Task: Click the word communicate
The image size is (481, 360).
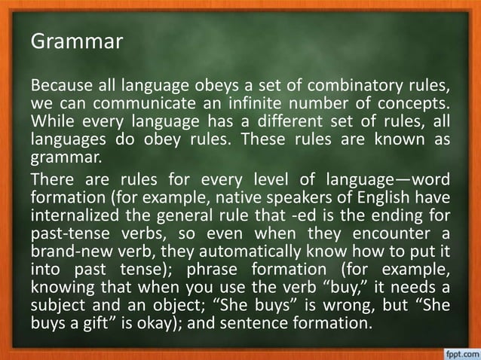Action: coord(138,101)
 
